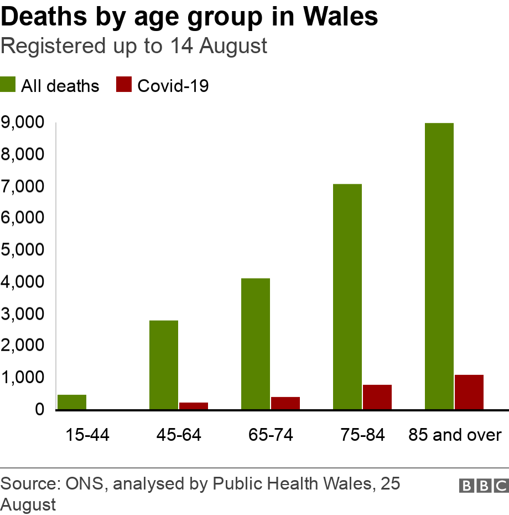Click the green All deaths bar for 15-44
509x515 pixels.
72,402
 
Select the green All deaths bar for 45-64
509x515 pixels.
164,365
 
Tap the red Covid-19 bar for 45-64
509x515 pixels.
194,406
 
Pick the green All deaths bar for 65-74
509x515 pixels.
256,344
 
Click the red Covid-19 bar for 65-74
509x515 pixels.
285,403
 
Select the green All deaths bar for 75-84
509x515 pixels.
347,297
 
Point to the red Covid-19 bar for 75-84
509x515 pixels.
377,397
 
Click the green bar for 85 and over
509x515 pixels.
439,266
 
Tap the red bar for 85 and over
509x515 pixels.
469,392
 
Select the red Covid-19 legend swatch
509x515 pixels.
124,85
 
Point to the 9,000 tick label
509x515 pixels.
22,122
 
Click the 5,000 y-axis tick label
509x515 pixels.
22,250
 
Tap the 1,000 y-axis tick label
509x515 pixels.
22,377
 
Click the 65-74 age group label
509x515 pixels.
271,435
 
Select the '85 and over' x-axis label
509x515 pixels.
455,435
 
